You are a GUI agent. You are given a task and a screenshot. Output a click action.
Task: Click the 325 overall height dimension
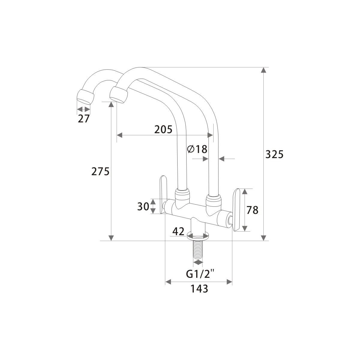274,154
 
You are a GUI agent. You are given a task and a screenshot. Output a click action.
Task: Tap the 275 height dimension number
100,171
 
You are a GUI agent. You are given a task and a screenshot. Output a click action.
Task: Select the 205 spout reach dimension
163,129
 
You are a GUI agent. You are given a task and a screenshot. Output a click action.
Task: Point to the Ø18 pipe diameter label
197,149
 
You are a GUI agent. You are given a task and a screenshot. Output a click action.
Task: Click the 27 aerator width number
84,118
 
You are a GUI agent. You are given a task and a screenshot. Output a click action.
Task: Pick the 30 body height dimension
143,206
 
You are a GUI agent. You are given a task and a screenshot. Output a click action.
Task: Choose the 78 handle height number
252,210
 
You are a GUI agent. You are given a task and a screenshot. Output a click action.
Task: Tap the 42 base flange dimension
178,232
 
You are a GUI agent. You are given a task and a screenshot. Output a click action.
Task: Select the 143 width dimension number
199,289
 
